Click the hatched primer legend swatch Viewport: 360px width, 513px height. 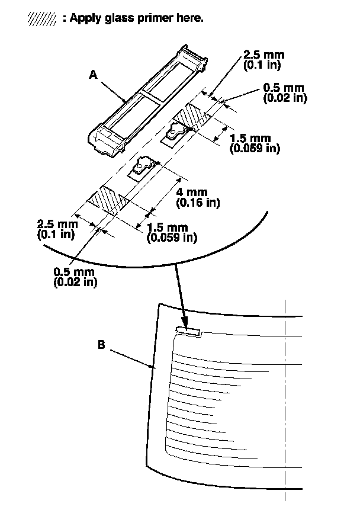(42, 18)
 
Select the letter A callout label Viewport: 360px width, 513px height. (92, 75)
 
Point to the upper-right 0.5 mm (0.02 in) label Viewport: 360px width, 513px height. (285, 94)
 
